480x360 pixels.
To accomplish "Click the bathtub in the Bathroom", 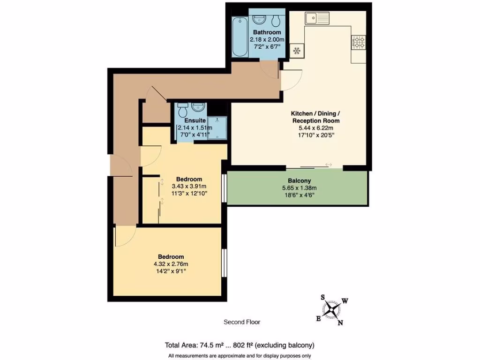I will point(239,37).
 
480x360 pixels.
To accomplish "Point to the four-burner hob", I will point(359,43).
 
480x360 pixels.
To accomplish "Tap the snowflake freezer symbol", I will point(296,50).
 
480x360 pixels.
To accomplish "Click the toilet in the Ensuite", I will point(182,110).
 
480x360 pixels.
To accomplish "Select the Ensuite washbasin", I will point(198,107).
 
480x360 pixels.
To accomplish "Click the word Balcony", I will point(300,180).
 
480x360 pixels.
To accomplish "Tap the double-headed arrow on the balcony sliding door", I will point(328,165).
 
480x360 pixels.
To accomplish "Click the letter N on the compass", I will point(341,322).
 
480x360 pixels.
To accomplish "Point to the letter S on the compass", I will point(323,297).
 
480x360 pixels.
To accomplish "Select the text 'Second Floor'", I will point(241,322).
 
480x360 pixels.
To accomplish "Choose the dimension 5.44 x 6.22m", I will point(315,127).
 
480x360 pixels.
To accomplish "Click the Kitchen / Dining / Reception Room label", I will point(315,117).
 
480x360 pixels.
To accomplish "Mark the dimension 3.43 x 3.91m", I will point(189,186).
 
